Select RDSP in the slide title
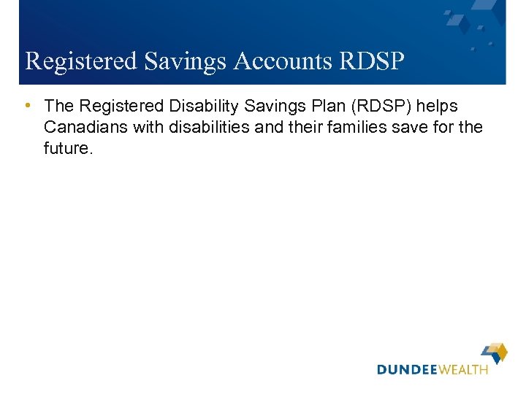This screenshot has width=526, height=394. tap(372, 61)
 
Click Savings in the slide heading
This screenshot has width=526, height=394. tap(186, 61)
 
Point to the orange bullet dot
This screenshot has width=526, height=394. tap(27, 105)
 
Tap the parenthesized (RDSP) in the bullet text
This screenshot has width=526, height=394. tap(383, 106)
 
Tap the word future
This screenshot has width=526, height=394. tap(69, 148)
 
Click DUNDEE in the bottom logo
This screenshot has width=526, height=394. tap(406, 370)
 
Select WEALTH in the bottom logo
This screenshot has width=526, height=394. tap(462, 370)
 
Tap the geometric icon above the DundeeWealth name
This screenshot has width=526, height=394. tap(495, 353)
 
